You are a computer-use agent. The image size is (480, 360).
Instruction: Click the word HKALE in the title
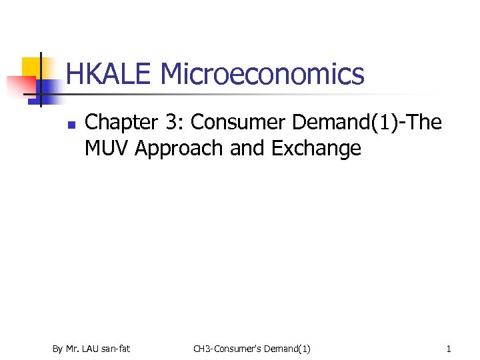point(110,74)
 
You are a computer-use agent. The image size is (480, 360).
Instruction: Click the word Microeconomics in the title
point(263,74)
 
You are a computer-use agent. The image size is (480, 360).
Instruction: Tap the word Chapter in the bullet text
point(118,122)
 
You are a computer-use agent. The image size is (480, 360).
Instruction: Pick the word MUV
point(106,148)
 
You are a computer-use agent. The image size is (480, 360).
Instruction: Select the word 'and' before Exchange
point(247,148)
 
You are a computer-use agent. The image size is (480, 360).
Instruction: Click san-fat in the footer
point(116,349)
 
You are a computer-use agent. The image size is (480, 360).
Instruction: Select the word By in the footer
point(57,349)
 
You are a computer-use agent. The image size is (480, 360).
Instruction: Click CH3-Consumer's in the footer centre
point(226,349)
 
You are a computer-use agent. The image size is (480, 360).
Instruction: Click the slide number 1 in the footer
point(449,349)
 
